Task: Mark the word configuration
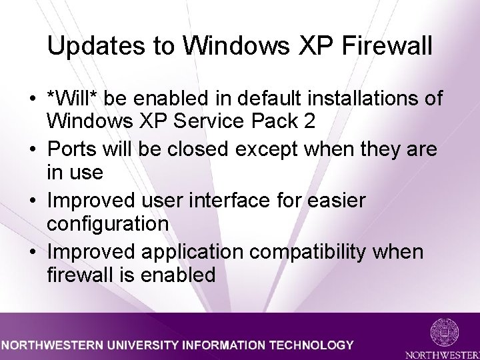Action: coord(107,224)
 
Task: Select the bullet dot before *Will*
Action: coord(32,99)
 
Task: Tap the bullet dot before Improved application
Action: coord(32,252)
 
